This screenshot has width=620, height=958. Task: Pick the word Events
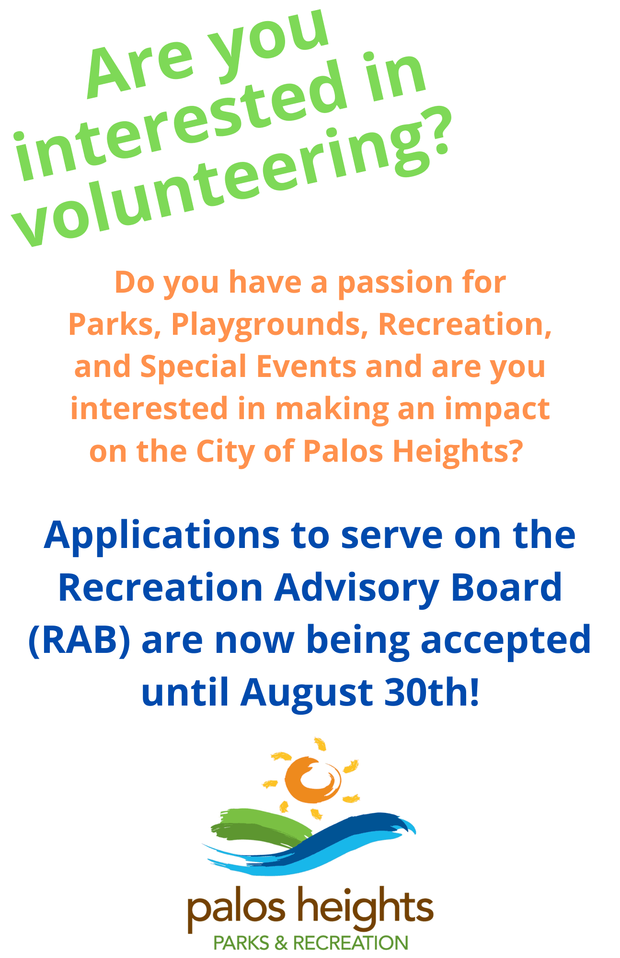pos(306,367)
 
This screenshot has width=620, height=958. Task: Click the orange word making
pos(332,410)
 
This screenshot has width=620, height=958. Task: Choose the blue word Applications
pos(162,536)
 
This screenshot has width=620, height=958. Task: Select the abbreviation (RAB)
pos(80,640)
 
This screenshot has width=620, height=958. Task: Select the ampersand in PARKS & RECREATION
pos(281,943)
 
